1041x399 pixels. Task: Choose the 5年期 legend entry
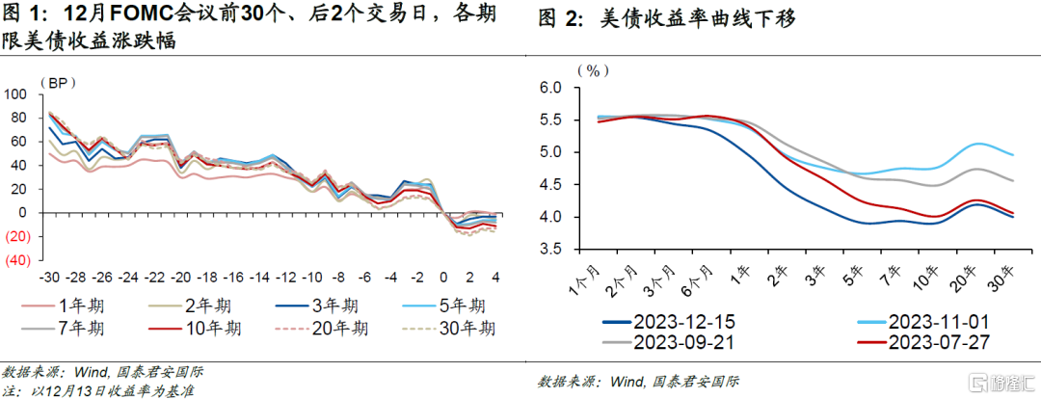point(454,306)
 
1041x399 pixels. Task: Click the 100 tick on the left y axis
point(16,94)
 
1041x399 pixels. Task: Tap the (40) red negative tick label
point(18,260)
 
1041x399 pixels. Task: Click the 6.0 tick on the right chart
point(549,88)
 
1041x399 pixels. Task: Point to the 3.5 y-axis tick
point(549,249)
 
